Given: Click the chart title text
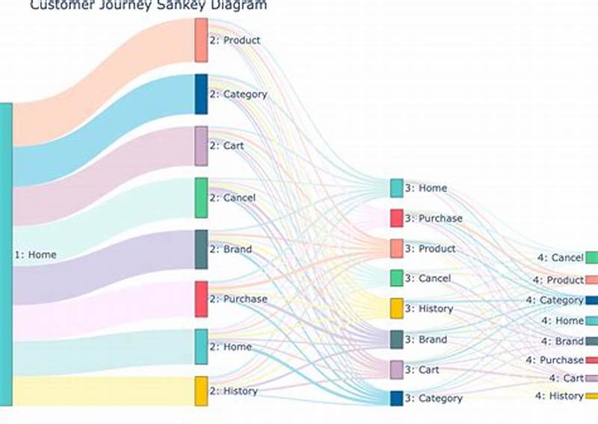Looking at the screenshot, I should (148, 5).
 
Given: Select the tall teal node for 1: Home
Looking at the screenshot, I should (6, 254).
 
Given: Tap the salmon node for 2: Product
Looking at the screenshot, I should (201, 40).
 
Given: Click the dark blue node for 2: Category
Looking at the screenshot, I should (201, 94).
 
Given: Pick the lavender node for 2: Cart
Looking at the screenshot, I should (201, 146).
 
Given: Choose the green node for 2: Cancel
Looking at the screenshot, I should (201, 197).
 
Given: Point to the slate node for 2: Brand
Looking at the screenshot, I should (201, 249).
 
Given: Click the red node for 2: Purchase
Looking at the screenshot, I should (201, 299).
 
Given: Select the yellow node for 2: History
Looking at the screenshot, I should (201, 391).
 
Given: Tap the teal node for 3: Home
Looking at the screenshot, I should (396, 188).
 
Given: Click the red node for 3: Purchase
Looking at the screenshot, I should (396, 218).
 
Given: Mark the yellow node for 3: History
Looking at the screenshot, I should (396, 309).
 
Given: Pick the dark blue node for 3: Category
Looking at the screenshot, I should (396, 399).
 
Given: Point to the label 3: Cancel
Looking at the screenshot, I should (428, 278).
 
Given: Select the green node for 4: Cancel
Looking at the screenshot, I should (591, 258).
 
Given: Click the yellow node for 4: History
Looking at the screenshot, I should (591, 396).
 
